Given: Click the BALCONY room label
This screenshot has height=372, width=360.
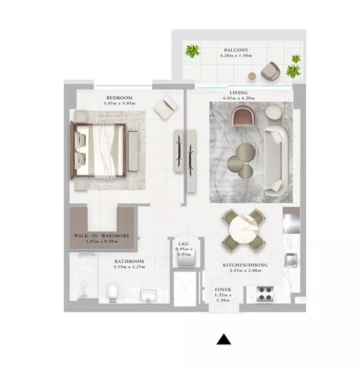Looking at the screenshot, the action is point(236,50).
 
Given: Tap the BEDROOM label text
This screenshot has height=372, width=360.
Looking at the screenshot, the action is point(119,98).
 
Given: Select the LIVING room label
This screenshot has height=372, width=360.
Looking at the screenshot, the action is point(238,92).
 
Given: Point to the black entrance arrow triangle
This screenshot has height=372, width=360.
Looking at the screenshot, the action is point(224,339).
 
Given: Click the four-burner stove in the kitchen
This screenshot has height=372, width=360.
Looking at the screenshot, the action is point(265,294).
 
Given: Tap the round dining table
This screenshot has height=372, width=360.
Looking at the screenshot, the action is point(243,227).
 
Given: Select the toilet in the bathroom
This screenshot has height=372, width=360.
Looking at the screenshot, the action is point(113,292).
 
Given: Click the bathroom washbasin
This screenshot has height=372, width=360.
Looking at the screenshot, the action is point(148,295).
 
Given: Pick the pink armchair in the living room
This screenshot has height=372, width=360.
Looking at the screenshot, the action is point(244,116).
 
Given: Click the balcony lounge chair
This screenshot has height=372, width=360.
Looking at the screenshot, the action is point(271,70).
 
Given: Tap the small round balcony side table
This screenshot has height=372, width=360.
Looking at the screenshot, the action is point(252,76).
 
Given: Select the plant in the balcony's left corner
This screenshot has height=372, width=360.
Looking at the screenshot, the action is point(193,51).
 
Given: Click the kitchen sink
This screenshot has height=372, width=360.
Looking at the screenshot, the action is point(291,260).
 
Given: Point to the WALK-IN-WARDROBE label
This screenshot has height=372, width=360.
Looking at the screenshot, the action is point(101,236).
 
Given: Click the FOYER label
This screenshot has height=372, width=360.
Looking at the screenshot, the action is point(223,290).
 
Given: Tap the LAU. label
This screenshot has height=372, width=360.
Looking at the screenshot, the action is point(184,244).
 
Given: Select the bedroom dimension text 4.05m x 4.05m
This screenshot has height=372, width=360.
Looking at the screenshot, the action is point(119,104).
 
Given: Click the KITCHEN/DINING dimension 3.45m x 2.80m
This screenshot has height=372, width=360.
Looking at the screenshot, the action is point(246,270).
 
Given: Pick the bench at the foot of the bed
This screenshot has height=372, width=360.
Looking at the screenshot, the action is point(133,151).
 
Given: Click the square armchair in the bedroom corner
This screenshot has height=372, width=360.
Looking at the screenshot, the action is point(166,108).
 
